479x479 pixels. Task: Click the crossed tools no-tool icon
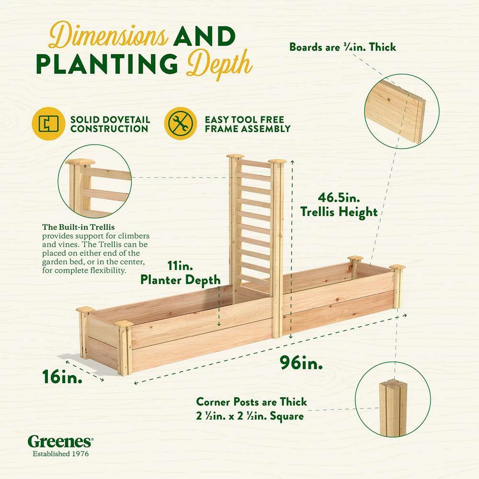click(180, 124)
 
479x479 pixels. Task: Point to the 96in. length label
click(301, 364)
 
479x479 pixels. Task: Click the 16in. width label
click(61, 376)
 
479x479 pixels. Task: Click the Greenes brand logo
click(60, 441)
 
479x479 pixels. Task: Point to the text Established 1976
click(60, 453)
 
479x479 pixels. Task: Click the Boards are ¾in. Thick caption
click(342, 47)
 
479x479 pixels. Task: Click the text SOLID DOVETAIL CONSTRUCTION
click(110, 124)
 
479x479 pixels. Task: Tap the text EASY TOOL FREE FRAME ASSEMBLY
click(247, 124)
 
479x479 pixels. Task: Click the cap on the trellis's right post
click(277, 161)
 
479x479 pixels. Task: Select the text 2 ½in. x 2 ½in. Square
click(250, 416)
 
